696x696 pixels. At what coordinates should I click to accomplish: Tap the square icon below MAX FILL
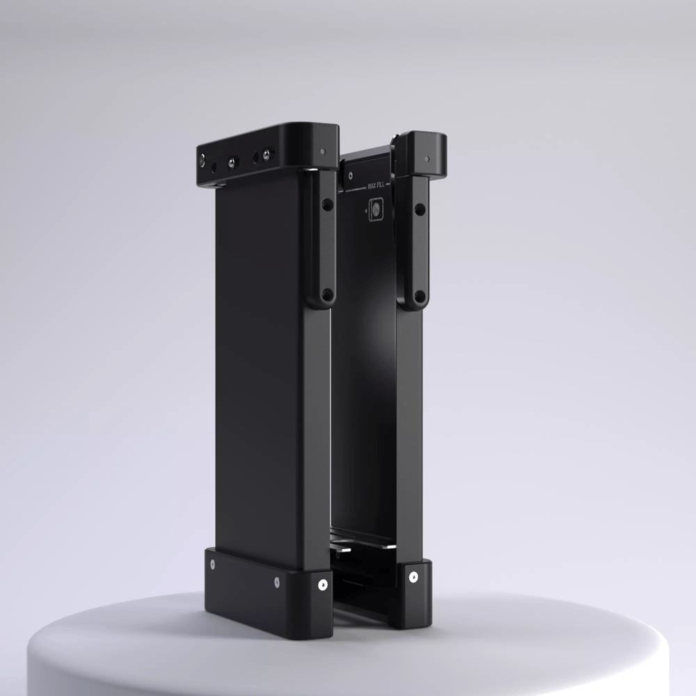point(375,209)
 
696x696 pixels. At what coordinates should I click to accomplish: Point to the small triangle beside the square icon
point(365,208)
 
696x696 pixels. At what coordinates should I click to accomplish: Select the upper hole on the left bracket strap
point(325,205)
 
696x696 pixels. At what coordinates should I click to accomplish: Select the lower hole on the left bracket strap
point(325,294)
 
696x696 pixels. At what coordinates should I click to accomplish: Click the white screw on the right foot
point(413,576)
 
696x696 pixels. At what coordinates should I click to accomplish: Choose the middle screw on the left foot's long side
point(276,580)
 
